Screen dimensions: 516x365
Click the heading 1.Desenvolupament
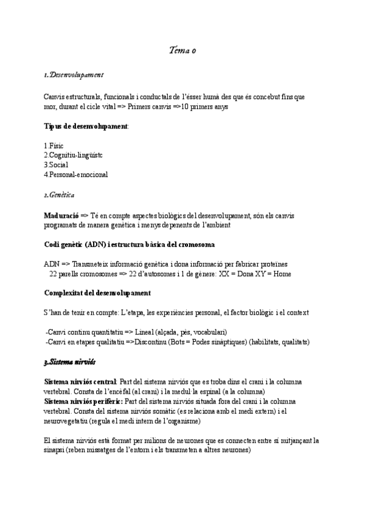pyautogui.click(x=74, y=75)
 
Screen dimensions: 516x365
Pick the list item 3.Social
pyautogui.click(x=56, y=165)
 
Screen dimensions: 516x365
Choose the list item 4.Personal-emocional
pyautogui.click(x=76, y=175)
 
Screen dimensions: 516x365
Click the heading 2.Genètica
pyautogui.click(x=59, y=195)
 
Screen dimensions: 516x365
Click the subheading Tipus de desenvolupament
pyautogui.click(x=86, y=126)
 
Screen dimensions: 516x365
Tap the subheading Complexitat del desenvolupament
pyautogui.click(x=97, y=293)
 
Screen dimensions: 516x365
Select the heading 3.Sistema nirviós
pyautogui.click(x=70, y=362)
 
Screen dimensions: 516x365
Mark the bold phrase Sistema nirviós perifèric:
pyautogui.click(x=83, y=402)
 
